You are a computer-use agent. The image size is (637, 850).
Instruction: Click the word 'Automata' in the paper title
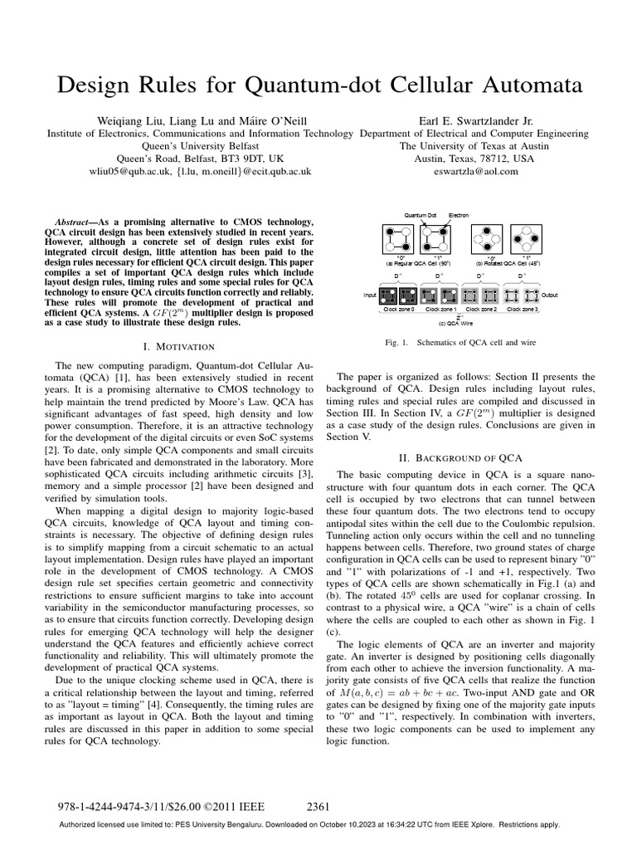[x=513, y=85]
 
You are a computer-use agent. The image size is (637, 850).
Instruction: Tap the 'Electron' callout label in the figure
[x=459, y=215]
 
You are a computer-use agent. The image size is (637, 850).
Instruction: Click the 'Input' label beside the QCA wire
[x=369, y=295]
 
